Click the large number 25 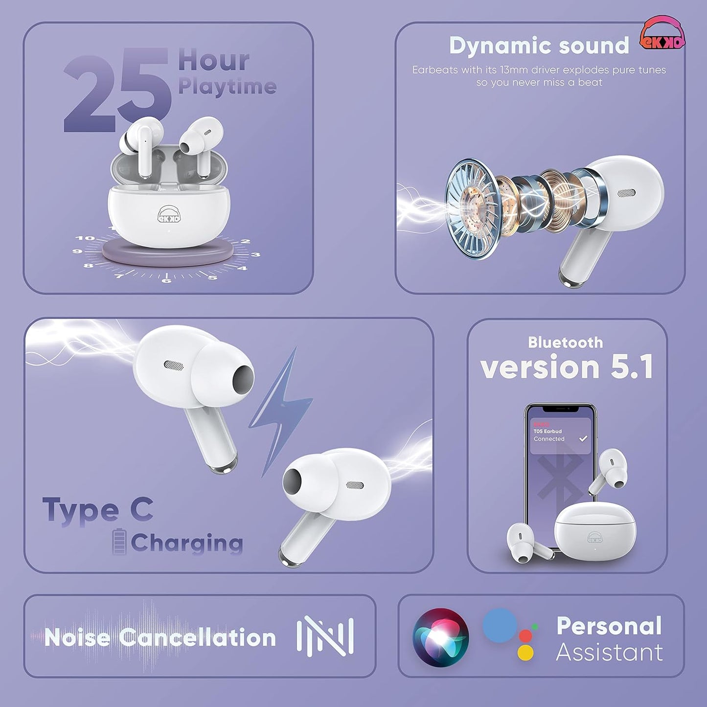[117, 93]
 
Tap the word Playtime [227, 86]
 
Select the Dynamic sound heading [539, 46]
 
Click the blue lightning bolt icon [281, 411]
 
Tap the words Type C [98, 510]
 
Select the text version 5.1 [567, 367]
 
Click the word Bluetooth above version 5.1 [565, 342]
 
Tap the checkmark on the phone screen [583, 438]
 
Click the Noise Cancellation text [160, 638]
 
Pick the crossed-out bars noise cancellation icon [325, 636]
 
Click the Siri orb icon [440, 637]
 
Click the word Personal [609, 626]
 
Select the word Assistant [609, 652]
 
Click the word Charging [186, 543]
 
